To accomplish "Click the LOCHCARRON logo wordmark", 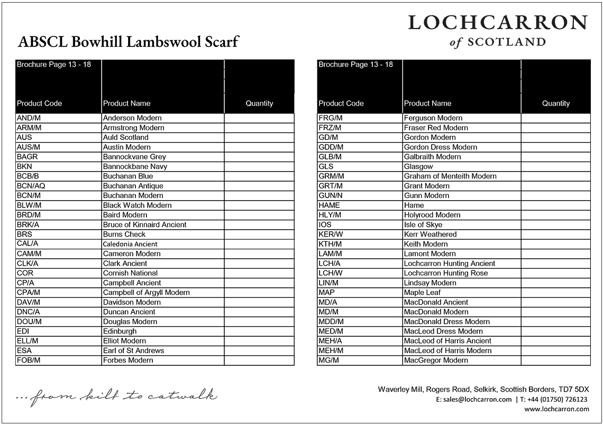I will click(x=497, y=23).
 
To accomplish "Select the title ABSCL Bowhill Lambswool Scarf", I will click(x=129, y=42).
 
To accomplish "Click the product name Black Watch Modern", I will click(x=137, y=205).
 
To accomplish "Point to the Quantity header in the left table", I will click(x=259, y=103).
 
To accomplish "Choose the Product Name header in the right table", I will click(x=427, y=103).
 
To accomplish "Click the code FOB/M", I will click(x=29, y=360).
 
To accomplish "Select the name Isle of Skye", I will click(x=423, y=224).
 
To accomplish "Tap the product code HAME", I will click(x=329, y=205).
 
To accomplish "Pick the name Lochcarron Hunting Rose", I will click(x=445, y=273).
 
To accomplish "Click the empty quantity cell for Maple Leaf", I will click(x=555, y=292).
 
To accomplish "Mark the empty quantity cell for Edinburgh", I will click(x=259, y=331).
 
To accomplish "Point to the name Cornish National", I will click(x=130, y=273).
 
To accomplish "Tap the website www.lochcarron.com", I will click(x=556, y=409).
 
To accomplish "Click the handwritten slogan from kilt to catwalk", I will click(x=116, y=395).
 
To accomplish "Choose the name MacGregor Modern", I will click(x=436, y=360).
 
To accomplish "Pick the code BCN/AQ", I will click(x=31, y=186).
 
